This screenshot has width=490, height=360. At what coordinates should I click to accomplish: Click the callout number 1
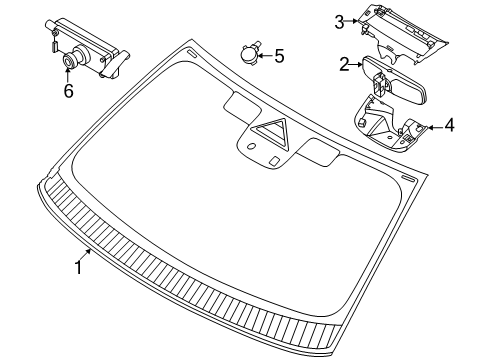click(x=79, y=268)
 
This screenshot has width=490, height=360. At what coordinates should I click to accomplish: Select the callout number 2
click(x=344, y=64)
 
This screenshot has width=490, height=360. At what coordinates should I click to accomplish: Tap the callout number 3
click(x=339, y=22)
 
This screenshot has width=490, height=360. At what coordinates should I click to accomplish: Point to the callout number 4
click(x=449, y=125)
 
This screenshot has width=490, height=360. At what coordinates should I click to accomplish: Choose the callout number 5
click(x=279, y=56)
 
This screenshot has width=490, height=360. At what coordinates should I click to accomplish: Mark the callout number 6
click(x=68, y=90)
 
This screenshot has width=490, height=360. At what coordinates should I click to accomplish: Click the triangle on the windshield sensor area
click(x=270, y=132)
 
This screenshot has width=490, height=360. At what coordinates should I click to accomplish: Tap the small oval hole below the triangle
click(x=252, y=146)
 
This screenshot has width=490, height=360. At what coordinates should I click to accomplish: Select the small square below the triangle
click(x=275, y=161)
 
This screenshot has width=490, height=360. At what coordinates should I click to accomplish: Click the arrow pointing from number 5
click(x=265, y=55)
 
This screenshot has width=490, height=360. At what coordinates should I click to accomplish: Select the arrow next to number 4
click(x=435, y=127)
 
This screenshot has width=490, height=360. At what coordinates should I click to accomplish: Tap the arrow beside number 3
click(x=351, y=21)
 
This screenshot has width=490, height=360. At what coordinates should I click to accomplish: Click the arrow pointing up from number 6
click(x=68, y=74)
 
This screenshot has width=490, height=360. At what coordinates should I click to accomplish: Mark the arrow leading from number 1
click(x=85, y=256)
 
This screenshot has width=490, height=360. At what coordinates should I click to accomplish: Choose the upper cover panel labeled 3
click(x=403, y=34)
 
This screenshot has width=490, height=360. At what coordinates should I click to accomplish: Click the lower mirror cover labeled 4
click(x=391, y=123)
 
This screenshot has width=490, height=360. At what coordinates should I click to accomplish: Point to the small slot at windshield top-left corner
click(x=192, y=53)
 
